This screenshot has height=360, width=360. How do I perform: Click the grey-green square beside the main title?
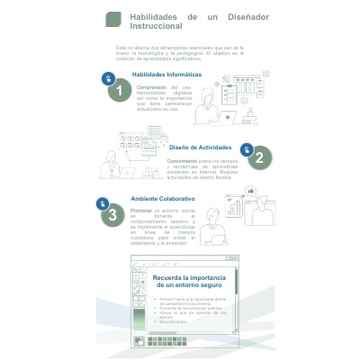click(x=113, y=19)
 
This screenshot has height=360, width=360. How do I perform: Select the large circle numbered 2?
click(x=258, y=158)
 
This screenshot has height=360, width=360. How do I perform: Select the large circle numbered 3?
click(x=112, y=214)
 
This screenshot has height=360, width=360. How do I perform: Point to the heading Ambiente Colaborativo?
click(x=163, y=198)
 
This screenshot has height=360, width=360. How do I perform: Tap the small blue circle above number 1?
click(x=108, y=79)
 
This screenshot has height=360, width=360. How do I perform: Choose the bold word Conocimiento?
click(x=184, y=160)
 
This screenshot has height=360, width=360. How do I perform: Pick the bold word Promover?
click(x=142, y=210)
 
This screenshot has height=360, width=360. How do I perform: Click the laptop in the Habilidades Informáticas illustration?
click(x=229, y=116)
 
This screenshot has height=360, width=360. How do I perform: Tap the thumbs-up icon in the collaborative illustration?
click(x=251, y=191)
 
